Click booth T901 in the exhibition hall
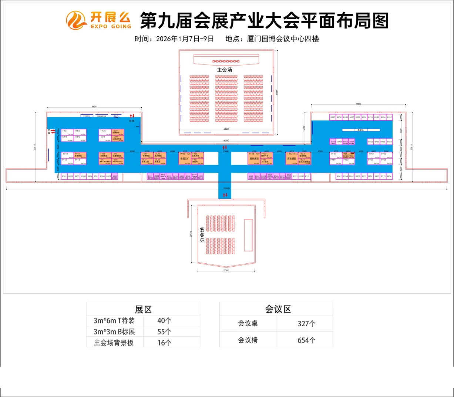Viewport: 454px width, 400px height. pos(67,132)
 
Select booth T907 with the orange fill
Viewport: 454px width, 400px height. pos(118,132)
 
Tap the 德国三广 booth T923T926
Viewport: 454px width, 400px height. pos(185,158)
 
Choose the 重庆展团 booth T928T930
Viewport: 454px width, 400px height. pos(254,158)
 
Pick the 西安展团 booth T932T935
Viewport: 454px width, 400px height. pos(292,158)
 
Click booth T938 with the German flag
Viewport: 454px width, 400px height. pos(348,155)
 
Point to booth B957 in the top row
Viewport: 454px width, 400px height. pos(389,117)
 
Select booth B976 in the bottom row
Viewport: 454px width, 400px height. pos(389,177)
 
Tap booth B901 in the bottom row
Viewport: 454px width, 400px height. pos(64,177)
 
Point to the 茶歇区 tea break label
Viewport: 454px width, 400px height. pos(360,130)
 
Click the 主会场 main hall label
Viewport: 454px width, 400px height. pos(225,70)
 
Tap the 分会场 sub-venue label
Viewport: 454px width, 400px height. pos(202,234)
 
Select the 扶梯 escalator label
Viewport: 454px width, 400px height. pos(132,121)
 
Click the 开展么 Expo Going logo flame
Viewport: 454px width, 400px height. pos(77,20)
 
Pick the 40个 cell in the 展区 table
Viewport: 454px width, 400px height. pos(164,321)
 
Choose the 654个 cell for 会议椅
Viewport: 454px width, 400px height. pos(306,340)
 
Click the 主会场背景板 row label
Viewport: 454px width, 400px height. pos(114,343)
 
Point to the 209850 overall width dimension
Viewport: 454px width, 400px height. pos(226,189)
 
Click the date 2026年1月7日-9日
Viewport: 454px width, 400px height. pos(185,39)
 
